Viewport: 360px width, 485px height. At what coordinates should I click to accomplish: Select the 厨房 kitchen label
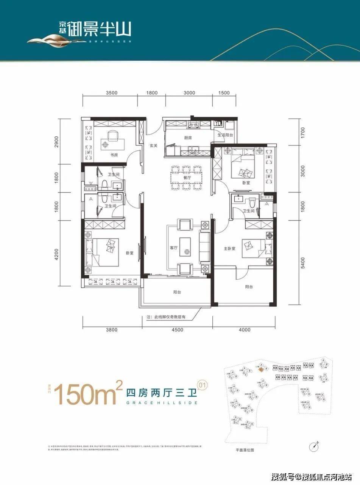[x=188, y=138]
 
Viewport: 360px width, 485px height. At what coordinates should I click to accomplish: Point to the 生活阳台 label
[x=224, y=135]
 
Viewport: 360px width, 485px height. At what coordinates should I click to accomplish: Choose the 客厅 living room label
[x=174, y=248]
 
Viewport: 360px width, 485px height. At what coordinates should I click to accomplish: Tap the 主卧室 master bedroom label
[x=230, y=249]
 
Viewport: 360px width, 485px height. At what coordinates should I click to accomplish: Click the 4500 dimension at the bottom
[x=177, y=330]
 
